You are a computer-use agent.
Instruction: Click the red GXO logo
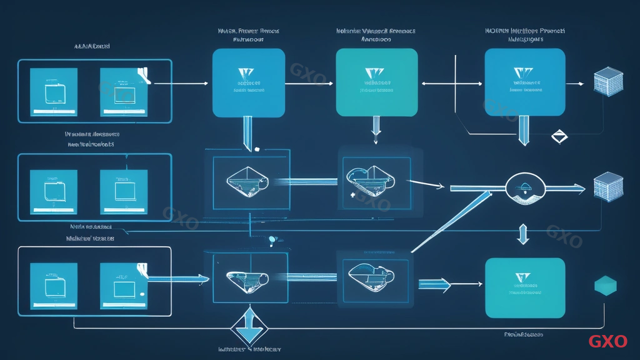point(607,341)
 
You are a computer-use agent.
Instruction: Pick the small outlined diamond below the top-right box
point(557,136)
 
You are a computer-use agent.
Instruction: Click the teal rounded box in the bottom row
point(525,287)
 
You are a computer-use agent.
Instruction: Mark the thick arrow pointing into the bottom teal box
point(434,286)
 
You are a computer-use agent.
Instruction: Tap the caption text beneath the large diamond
point(249,349)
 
